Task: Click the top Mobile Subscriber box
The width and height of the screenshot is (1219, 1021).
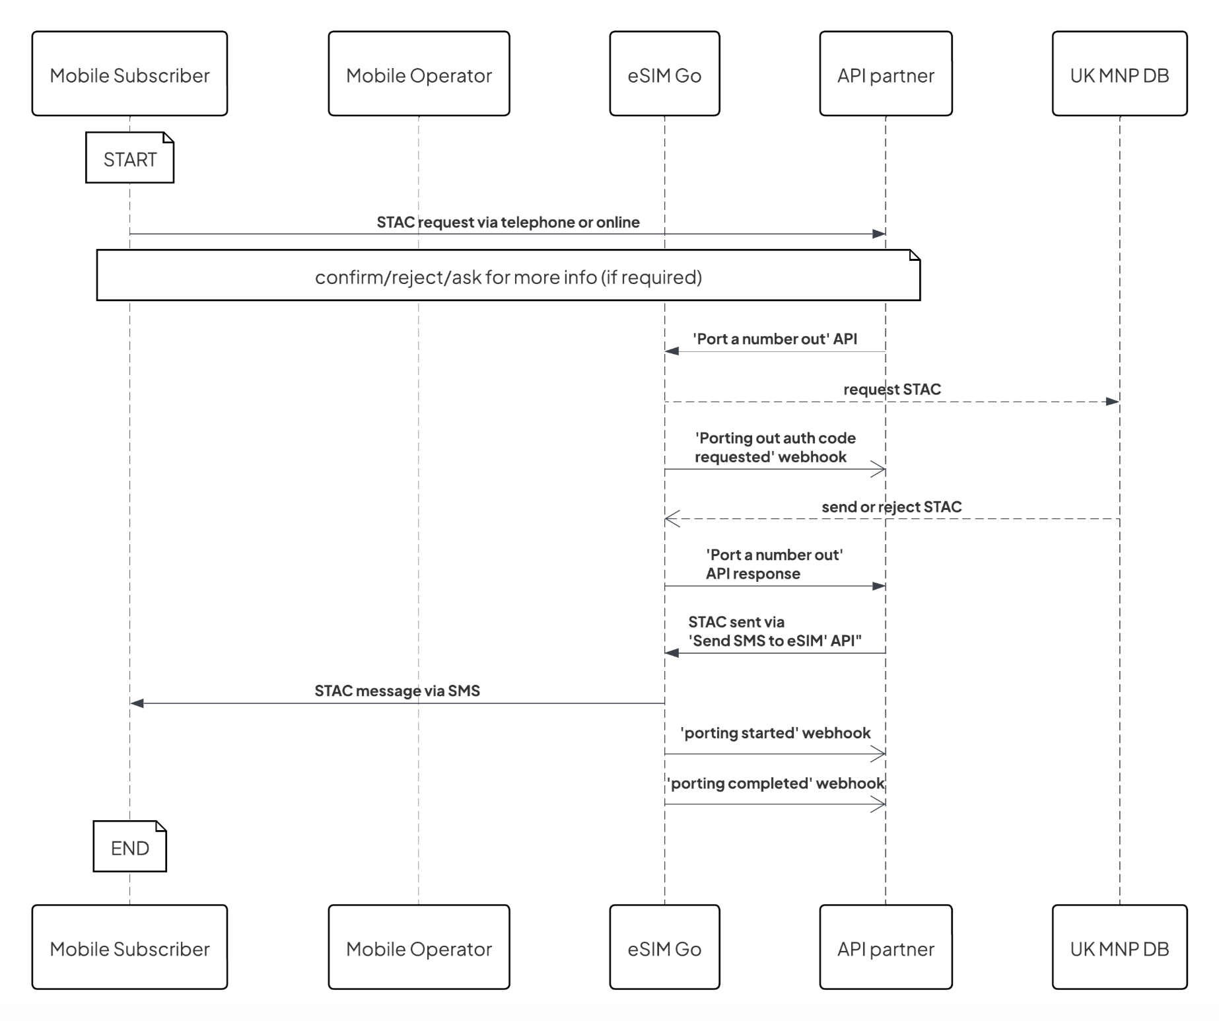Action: click(x=129, y=74)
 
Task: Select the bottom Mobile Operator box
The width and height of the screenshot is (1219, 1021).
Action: click(x=419, y=948)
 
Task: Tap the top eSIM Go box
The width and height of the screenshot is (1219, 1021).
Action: click(x=664, y=74)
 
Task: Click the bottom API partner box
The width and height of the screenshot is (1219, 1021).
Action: click(x=886, y=948)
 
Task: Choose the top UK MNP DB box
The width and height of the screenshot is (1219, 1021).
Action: click(x=1119, y=74)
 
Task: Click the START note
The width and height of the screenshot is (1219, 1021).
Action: click(x=129, y=158)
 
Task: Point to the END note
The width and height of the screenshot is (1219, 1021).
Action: click(x=129, y=847)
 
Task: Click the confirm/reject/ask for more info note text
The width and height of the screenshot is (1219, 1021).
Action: click(x=508, y=277)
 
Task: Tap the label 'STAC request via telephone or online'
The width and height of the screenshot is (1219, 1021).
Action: click(x=508, y=222)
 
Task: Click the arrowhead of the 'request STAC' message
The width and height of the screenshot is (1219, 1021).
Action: click(x=1112, y=402)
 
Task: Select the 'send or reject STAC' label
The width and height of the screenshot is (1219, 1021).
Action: click(x=891, y=507)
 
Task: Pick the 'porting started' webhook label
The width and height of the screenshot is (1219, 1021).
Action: click(x=775, y=733)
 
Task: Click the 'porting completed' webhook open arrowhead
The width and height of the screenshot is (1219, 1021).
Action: click(x=879, y=804)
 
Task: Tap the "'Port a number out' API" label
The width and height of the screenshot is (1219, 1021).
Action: click(x=775, y=339)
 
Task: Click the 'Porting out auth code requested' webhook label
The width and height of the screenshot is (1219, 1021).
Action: click(x=775, y=447)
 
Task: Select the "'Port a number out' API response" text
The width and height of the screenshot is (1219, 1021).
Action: click(x=773, y=564)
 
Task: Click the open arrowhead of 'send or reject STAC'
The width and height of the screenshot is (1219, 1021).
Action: click(x=672, y=519)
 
